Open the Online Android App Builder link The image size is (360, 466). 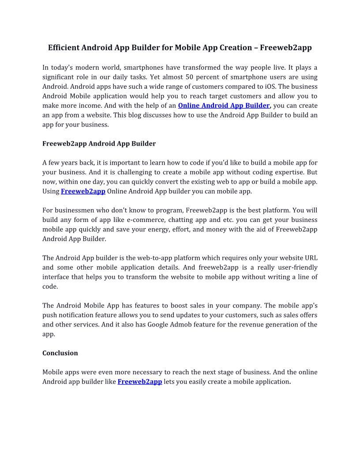[224, 105]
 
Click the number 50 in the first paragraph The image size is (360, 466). [189, 77]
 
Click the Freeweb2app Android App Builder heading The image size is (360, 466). [99, 143]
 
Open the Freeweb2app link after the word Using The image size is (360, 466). [83, 191]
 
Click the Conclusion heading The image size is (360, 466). [60, 353]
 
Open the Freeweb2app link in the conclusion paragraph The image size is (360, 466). [140, 382]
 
